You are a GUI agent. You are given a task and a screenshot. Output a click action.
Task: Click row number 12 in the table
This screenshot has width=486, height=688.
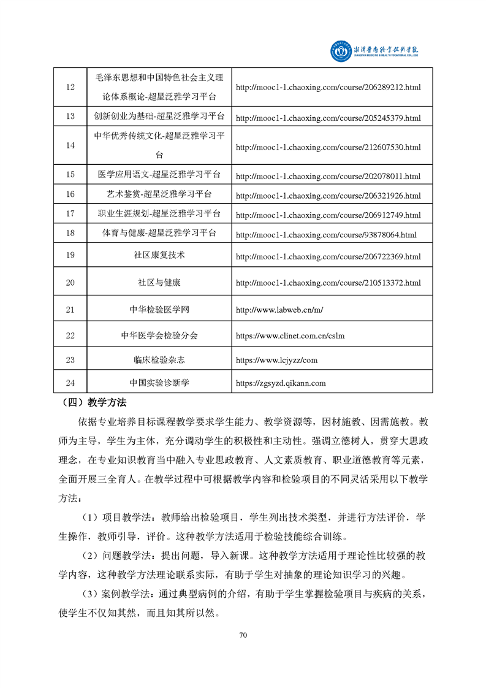[70, 87]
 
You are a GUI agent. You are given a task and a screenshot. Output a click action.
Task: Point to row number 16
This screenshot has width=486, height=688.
[70, 194]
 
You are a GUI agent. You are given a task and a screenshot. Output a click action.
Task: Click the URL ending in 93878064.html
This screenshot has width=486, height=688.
[325, 234]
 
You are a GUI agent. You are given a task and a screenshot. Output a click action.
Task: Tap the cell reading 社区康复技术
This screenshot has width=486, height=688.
[161, 254]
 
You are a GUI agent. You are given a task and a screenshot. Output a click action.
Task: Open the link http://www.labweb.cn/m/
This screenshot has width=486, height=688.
[279, 310]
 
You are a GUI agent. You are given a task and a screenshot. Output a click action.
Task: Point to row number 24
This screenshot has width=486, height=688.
[70, 383]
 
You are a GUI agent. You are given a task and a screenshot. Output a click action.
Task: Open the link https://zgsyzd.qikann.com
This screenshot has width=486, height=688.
[281, 384]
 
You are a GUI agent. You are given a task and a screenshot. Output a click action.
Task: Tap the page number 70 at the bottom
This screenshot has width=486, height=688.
[243, 635]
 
